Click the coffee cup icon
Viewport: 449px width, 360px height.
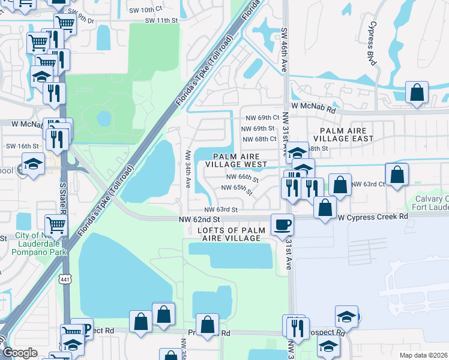click(282, 225)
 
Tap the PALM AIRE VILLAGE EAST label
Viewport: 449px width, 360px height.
click(346, 134)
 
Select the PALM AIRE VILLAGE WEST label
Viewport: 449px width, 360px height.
click(236, 160)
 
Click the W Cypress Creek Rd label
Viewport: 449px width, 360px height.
click(373, 217)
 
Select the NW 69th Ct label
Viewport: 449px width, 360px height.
click(260, 118)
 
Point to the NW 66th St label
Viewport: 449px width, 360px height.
click(243, 178)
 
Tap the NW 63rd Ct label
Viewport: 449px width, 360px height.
click(368, 184)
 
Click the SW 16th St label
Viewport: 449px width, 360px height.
click(22, 146)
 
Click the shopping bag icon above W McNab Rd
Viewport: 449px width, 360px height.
click(417, 94)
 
